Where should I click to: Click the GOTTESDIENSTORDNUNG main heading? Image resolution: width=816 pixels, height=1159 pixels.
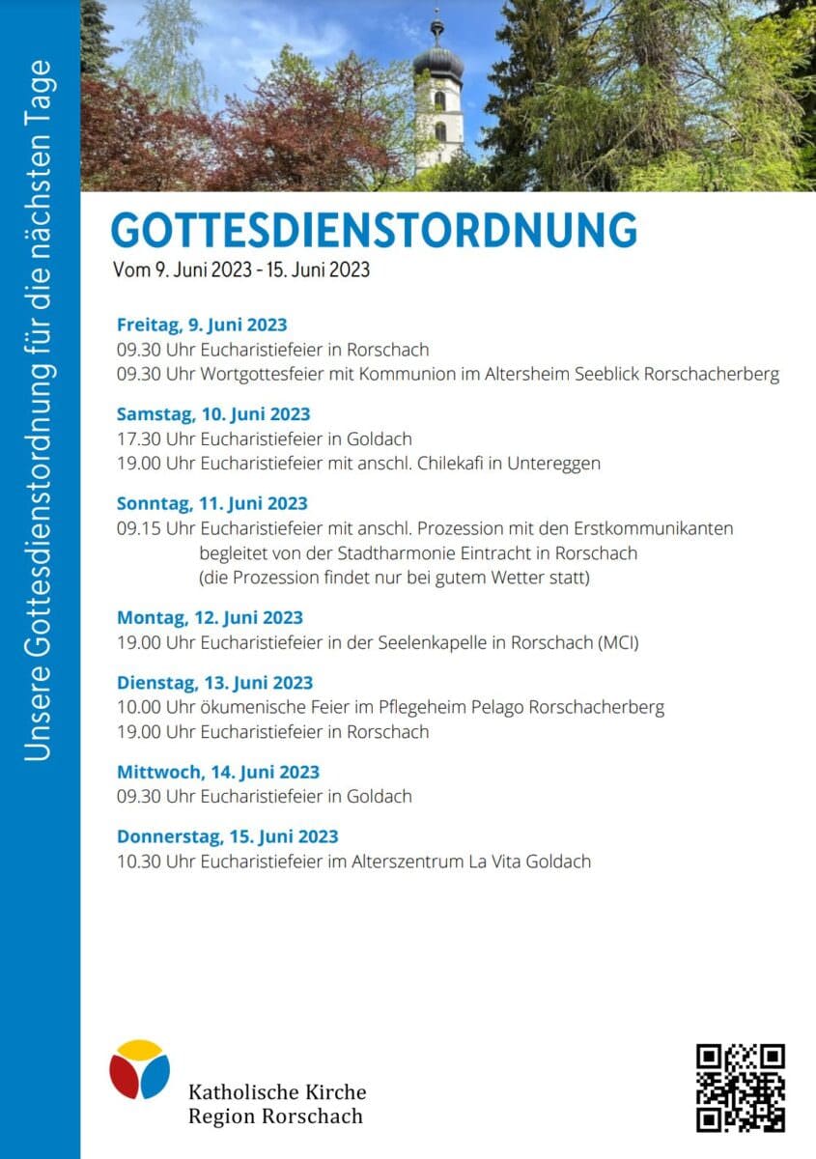coord(374,231)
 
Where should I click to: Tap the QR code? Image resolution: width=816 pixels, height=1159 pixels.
coord(741,1087)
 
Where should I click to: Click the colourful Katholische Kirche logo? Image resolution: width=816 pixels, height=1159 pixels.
coord(139,1069)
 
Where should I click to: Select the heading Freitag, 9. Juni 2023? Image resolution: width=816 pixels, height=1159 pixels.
coord(202,325)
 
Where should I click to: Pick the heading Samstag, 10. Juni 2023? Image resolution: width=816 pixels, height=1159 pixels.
coord(213,413)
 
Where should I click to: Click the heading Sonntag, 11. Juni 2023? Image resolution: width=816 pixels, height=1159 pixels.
coord(211,503)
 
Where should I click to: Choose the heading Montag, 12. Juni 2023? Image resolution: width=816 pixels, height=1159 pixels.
coord(210,617)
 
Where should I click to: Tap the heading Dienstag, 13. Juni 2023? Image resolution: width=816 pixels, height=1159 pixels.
coord(214,683)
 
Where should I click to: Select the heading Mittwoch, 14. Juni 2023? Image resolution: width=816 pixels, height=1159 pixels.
coord(218,772)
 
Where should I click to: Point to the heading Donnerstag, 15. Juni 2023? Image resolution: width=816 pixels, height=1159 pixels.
coord(228,836)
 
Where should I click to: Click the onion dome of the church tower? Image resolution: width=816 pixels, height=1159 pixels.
coord(438,64)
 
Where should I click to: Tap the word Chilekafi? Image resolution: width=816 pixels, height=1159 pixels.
coord(452,463)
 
